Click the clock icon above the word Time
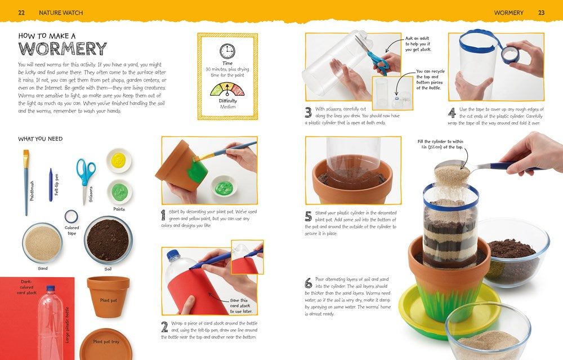click(227, 51)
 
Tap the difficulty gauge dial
click(227, 90)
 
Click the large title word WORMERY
click(62, 48)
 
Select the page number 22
click(21, 12)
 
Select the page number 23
click(541, 12)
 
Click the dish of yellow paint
click(119, 160)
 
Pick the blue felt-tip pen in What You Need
click(51, 185)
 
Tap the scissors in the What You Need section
click(86, 180)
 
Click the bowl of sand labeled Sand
click(42, 243)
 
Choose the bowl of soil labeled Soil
click(108, 240)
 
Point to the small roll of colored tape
click(71, 217)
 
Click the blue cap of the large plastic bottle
click(51, 288)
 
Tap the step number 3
click(308, 113)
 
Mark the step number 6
click(309, 283)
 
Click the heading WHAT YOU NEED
click(40, 139)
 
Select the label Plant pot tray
click(106, 341)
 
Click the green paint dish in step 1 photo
click(224, 186)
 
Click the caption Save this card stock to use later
click(242, 306)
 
